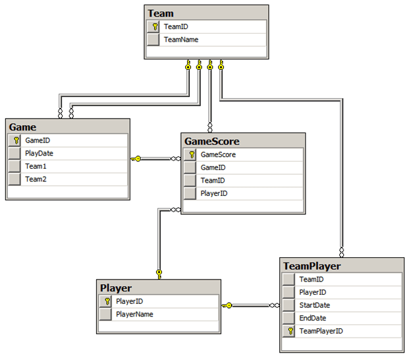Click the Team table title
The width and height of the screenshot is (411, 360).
click(x=161, y=13)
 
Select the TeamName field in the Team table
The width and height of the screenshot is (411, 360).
click(x=181, y=40)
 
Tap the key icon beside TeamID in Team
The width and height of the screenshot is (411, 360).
click(x=153, y=27)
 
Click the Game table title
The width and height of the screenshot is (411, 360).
click(x=23, y=127)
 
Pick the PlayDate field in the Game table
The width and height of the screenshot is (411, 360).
click(x=39, y=153)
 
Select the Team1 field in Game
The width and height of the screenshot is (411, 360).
click(x=36, y=166)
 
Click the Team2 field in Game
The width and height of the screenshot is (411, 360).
click(x=36, y=179)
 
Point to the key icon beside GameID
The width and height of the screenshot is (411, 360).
click(x=14, y=140)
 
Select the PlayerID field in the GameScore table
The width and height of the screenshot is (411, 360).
click(x=214, y=194)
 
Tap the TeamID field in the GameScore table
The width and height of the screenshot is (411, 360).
click(x=213, y=181)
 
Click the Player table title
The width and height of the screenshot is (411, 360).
click(x=116, y=287)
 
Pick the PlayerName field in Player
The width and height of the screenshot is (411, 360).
click(x=134, y=314)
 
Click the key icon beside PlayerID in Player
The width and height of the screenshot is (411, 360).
click(x=107, y=301)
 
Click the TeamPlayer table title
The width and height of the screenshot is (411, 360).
click(x=312, y=266)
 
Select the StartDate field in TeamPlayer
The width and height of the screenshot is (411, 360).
click(x=315, y=305)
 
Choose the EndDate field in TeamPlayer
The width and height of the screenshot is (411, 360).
click(x=313, y=318)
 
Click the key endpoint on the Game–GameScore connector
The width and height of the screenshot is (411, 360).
click(x=136, y=158)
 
